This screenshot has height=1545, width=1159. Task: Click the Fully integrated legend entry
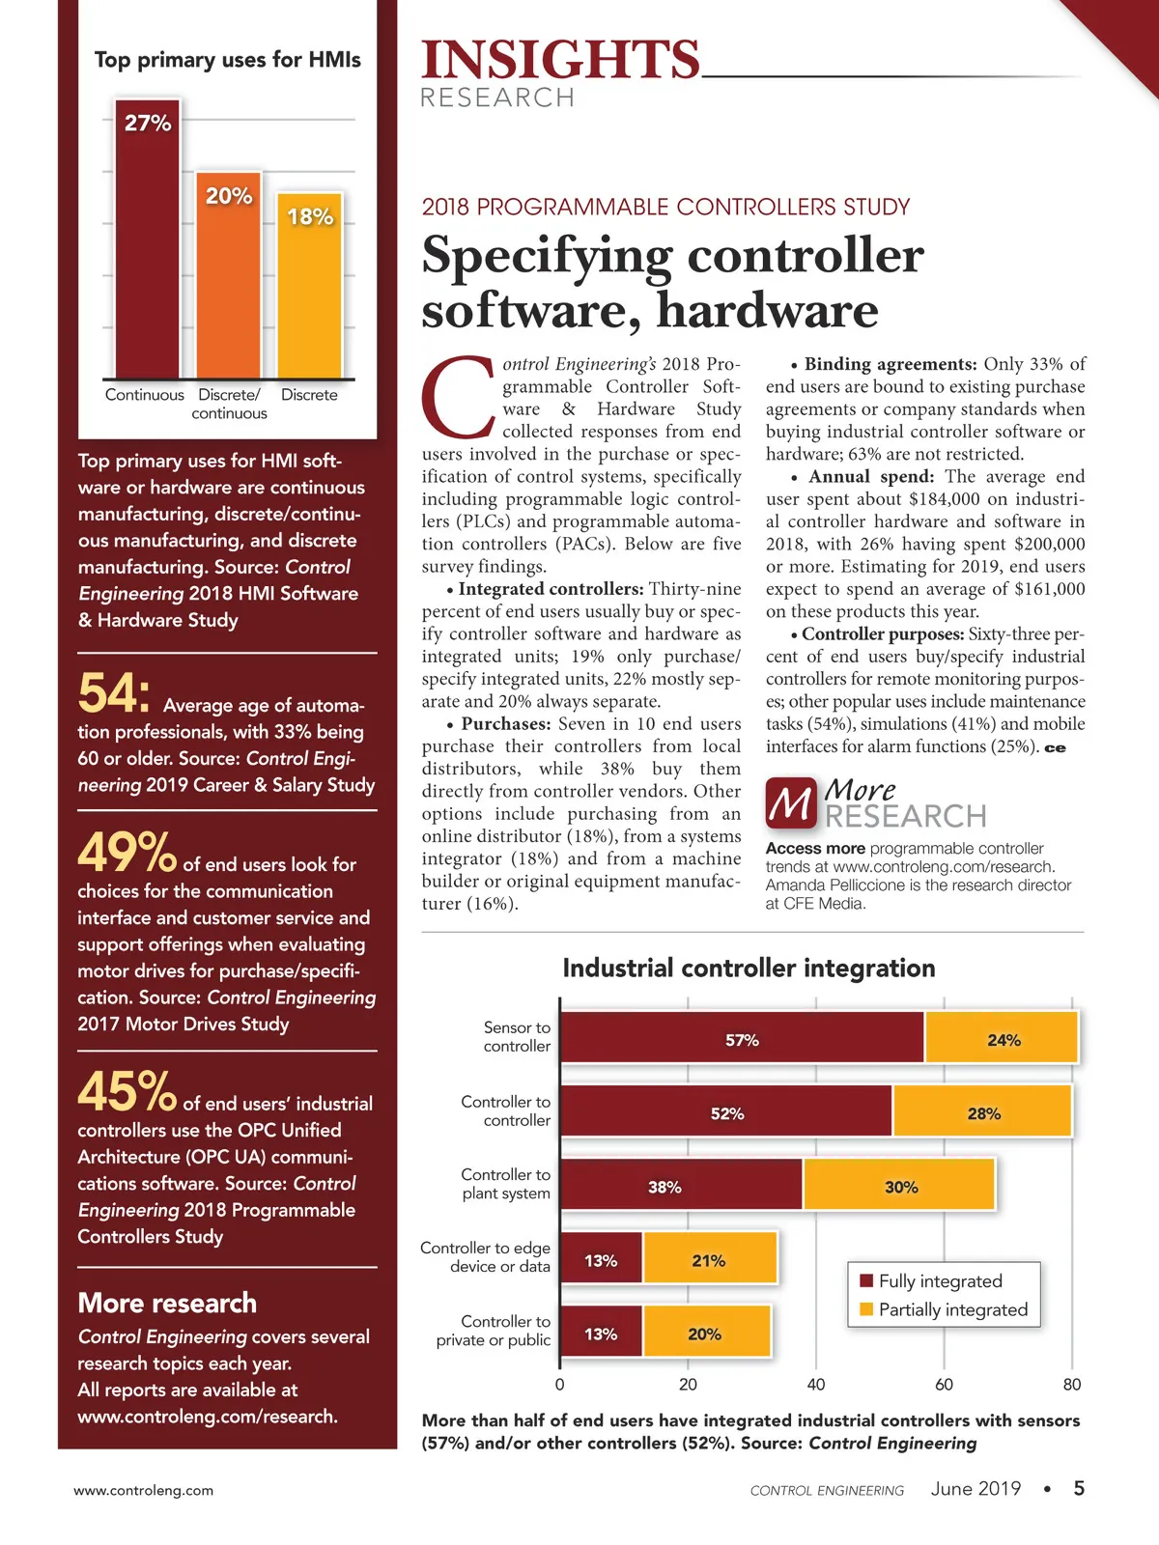931,1281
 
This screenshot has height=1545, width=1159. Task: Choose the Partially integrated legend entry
943,1310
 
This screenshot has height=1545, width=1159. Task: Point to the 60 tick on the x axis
944,1385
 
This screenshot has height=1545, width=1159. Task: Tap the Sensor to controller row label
517,1037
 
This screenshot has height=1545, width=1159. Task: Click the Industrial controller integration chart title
749,969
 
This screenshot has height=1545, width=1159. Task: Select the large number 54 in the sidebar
113,693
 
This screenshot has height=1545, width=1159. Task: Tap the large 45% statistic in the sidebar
127,1092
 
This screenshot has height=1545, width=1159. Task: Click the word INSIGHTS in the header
561,60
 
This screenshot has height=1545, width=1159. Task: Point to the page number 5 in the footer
1079,1488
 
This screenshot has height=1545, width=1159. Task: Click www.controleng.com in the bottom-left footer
144,1491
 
